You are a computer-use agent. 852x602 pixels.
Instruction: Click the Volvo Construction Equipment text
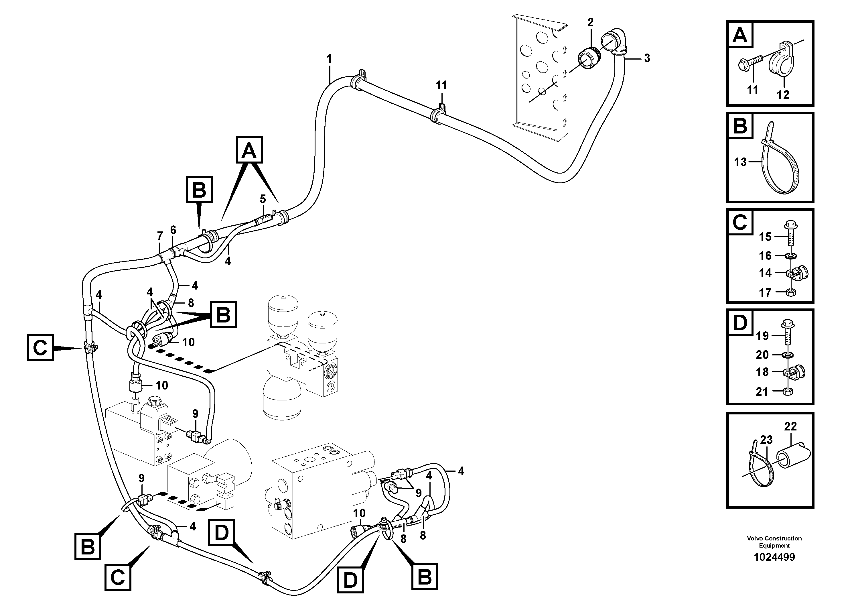click(774, 542)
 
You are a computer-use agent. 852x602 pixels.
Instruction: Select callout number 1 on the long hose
click(329, 59)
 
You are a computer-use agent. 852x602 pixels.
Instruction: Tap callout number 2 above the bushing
click(590, 23)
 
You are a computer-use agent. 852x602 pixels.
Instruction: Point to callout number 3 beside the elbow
click(647, 58)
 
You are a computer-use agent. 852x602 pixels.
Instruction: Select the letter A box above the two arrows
click(249, 150)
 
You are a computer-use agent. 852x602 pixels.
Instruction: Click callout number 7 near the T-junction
click(160, 236)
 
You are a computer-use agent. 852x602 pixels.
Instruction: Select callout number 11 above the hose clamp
click(441, 86)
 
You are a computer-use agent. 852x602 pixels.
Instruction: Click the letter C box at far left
click(40, 348)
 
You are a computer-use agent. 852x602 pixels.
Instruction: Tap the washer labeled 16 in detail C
click(790, 256)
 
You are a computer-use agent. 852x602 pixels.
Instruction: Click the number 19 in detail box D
click(762, 336)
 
